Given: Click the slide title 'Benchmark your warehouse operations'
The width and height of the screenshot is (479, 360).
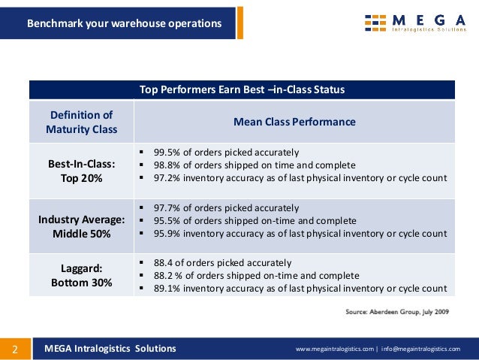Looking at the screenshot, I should [125, 23].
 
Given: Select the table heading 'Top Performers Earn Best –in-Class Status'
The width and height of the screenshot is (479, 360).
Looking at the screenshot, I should [242, 89].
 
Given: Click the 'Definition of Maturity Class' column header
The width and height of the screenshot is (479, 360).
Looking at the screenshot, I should [81, 122].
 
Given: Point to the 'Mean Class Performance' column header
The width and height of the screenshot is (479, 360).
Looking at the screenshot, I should [294, 122].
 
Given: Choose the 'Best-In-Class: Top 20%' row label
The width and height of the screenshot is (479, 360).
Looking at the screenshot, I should [81, 171].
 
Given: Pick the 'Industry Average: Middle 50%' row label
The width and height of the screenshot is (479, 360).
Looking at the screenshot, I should [81, 226].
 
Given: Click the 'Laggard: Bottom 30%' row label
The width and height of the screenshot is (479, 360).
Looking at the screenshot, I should [81, 275].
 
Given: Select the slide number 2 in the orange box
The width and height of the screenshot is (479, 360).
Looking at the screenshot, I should [14, 349].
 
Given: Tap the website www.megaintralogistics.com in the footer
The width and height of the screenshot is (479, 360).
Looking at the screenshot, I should [334, 349].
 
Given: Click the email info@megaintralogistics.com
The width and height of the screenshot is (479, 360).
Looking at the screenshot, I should [423, 349].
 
